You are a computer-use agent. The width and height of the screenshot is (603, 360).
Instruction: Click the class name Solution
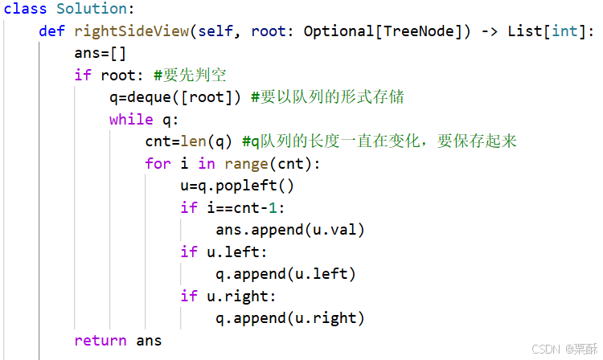pyautogui.click(x=92, y=10)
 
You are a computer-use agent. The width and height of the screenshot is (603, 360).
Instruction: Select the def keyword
pyautogui.click(x=51, y=31)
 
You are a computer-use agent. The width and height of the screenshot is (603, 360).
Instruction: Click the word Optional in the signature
pyautogui.click(x=338, y=31)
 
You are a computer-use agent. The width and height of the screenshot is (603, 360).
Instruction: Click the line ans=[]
pyautogui.click(x=100, y=53)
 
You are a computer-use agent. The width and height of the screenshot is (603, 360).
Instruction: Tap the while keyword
pyautogui.click(x=131, y=119)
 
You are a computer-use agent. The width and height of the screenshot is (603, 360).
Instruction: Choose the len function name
pyautogui.click(x=193, y=141)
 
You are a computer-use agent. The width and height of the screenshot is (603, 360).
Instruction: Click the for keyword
pyautogui.click(x=158, y=163)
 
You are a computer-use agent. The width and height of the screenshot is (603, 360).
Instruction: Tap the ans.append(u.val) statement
pyautogui.click(x=290, y=230)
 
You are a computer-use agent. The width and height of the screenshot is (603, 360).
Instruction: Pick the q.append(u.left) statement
pyautogui.click(x=285, y=274)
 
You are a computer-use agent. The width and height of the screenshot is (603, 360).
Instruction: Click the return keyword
pyautogui.click(x=100, y=340)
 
